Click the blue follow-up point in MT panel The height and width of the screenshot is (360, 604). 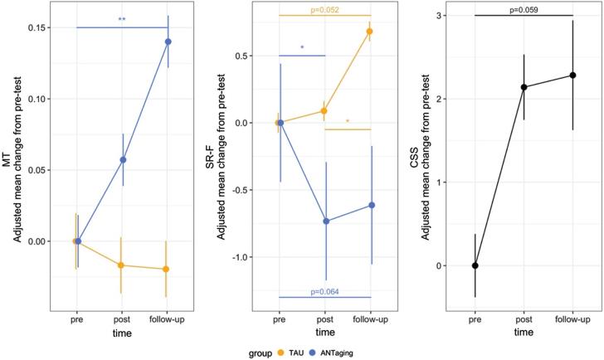tap(168, 41)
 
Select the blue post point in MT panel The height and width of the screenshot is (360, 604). tap(123, 159)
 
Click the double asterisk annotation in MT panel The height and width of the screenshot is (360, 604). tap(122, 19)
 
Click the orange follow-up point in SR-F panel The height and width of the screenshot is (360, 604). tap(369, 32)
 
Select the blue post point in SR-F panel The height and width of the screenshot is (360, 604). tap(326, 221)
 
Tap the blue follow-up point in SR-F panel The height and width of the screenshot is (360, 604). tap(371, 205)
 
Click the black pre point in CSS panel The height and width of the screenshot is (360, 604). tap(475, 265)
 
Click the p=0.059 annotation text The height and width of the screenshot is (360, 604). tap(524, 9)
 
